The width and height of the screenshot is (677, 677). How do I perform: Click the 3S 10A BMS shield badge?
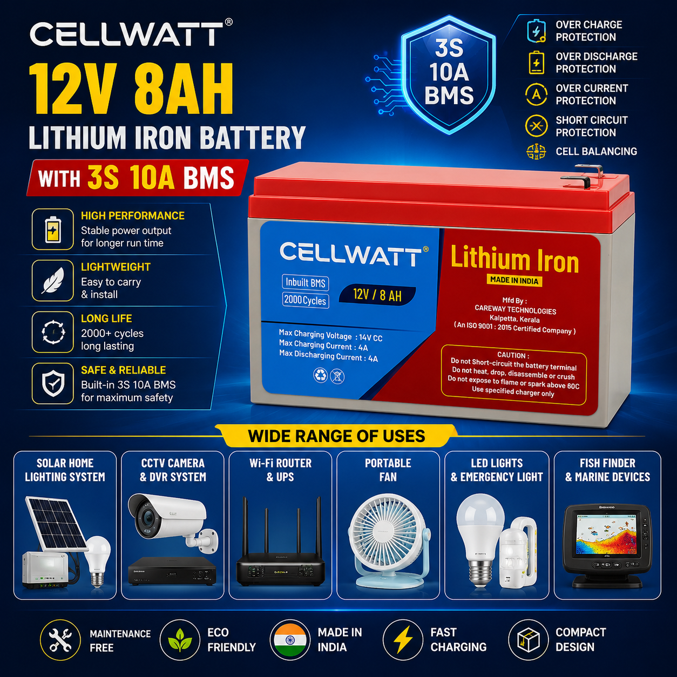tap(449, 74)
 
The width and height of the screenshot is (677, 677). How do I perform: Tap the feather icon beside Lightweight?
tap(53, 280)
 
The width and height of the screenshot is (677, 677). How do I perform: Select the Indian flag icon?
tap(290, 639)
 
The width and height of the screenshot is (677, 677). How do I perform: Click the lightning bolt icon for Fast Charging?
tap(403, 639)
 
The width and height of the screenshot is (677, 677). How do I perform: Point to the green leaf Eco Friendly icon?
tap(180, 639)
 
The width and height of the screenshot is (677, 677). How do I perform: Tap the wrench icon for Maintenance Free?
tap(60, 639)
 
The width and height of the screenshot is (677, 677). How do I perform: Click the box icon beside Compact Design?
tap(528, 639)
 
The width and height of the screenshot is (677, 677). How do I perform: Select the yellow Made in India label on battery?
tap(514, 280)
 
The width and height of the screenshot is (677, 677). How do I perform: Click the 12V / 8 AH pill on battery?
tap(377, 295)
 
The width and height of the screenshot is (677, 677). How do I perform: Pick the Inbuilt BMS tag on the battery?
tap(306, 283)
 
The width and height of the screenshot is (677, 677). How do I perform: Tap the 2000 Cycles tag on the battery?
tap(306, 300)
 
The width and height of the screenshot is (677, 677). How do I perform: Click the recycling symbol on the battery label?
tap(320, 375)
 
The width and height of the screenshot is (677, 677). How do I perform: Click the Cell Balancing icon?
tap(536, 152)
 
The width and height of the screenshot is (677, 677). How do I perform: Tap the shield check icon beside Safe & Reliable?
tap(53, 383)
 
